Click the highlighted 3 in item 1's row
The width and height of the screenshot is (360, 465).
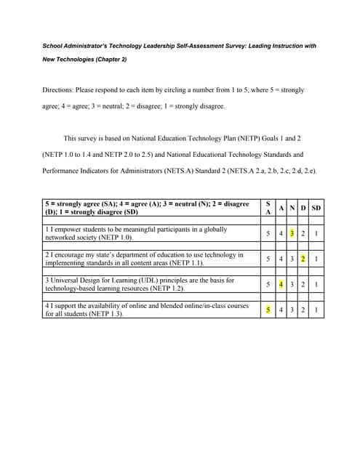(292, 234)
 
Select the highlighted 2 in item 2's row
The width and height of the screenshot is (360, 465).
(303, 259)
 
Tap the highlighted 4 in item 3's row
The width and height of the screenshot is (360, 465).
(280, 285)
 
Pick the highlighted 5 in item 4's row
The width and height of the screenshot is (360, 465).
(268, 310)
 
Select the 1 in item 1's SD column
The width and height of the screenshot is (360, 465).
(316, 234)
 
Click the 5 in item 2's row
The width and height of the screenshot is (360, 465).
(268, 259)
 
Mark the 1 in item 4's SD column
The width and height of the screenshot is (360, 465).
(316, 310)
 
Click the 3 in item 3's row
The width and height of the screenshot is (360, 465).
(292, 285)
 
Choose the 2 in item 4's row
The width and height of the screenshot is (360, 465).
(303, 310)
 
